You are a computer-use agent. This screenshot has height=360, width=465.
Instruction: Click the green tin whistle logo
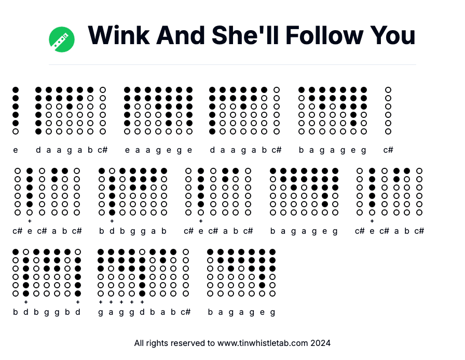[62, 39]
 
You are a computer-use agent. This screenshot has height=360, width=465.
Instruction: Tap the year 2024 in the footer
[321, 343]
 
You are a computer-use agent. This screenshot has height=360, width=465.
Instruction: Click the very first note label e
[16, 150]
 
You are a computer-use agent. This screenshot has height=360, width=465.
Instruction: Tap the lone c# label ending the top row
[388, 150]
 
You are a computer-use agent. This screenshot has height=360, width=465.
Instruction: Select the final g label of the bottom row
[272, 312]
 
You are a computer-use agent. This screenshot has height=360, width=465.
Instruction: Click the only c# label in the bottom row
[185, 312]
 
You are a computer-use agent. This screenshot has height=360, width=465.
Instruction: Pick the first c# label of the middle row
[17, 231]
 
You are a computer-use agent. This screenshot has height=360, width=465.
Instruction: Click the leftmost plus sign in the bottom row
[25, 302]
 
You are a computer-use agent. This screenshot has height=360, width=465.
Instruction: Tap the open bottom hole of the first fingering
[16, 131]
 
